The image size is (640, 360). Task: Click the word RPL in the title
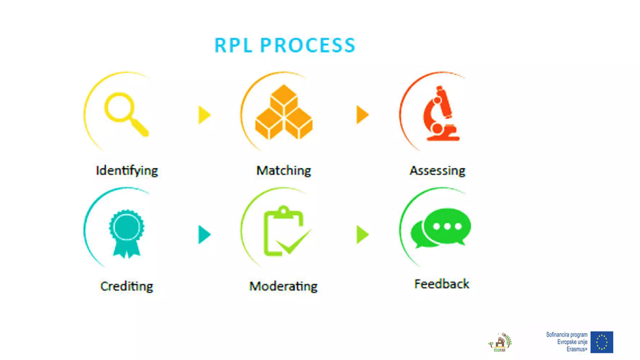point(233,45)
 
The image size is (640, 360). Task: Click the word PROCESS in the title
point(308,45)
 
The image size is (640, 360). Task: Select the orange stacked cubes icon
point(284,112)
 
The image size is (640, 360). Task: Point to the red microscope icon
point(441,114)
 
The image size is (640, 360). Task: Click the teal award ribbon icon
point(127,233)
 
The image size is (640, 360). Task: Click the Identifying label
point(127,171)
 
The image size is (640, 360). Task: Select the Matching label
point(283,171)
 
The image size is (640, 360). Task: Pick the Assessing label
point(437,171)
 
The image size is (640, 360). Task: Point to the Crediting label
point(127,286)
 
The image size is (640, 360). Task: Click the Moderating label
point(283,286)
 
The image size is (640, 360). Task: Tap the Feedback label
point(442,284)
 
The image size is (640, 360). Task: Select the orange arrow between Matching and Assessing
point(362,115)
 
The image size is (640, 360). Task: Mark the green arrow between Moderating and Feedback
point(362,234)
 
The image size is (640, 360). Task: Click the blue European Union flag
point(602,342)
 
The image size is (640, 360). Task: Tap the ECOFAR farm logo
point(500,342)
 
